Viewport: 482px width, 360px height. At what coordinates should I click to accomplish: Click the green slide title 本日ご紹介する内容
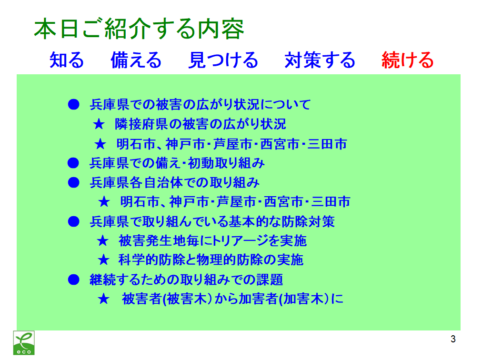(x=139, y=29)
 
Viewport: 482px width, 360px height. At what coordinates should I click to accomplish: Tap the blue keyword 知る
(x=67, y=60)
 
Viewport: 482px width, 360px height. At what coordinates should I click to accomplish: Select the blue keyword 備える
(x=136, y=60)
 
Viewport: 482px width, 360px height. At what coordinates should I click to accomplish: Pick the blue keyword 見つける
(x=223, y=60)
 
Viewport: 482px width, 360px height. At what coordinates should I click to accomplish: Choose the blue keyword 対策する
(x=320, y=60)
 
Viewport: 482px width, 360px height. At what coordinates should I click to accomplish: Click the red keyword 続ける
(x=407, y=60)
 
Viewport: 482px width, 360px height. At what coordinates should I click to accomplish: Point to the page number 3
(x=453, y=339)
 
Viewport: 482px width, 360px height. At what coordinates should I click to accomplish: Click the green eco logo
(x=24, y=343)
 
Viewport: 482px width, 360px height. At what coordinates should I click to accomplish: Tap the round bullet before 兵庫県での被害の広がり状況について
(x=73, y=105)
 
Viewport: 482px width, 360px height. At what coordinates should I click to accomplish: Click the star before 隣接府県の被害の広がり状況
(x=99, y=124)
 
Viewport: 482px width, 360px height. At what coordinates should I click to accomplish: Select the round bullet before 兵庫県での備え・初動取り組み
(x=73, y=163)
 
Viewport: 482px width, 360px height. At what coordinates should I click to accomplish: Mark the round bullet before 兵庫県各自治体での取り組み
(x=73, y=182)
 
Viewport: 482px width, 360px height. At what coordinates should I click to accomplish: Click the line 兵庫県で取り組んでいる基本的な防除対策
(x=212, y=221)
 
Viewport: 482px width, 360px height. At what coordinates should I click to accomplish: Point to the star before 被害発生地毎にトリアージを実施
(x=102, y=241)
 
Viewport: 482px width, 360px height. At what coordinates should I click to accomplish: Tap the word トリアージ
(x=240, y=241)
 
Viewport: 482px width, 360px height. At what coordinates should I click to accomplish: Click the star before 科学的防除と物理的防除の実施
(x=103, y=260)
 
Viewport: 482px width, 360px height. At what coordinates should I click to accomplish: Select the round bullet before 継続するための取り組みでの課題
(x=73, y=280)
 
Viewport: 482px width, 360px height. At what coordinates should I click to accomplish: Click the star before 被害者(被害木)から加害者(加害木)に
(x=103, y=299)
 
